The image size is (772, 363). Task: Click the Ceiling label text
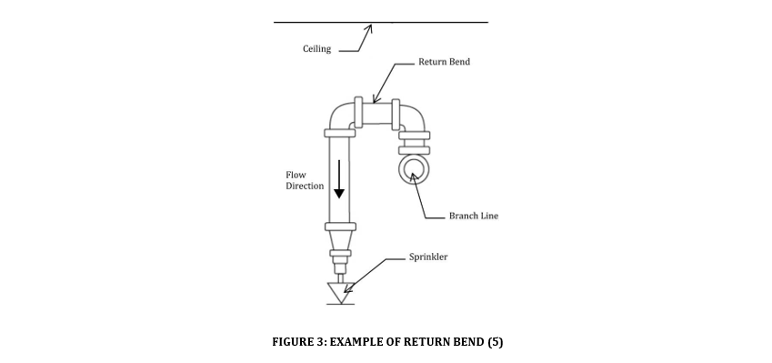pyautogui.click(x=316, y=49)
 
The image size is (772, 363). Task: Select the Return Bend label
pyautogui.click(x=444, y=62)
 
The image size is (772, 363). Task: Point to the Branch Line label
pyautogui.click(x=473, y=216)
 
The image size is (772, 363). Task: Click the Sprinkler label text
pyautogui.click(x=427, y=257)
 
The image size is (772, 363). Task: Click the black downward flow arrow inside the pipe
pyautogui.click(x=339, y=179)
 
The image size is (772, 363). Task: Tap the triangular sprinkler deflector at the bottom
pyautogui.click(x=340, y=294)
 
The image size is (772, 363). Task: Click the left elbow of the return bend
pyautogui.click(x=342, y=117)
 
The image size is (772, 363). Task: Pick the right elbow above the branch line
pyautogui.click(x=412, y=116)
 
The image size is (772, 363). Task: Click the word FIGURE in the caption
pyautogui.click(x=293, y=342)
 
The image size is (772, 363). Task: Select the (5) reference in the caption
pyautogui.click(x=495, y=342)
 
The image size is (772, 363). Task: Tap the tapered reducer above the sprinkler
pyautogui.click(x=339, y=244)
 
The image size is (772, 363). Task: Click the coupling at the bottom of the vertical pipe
pyautogui.click(x=339, y=227)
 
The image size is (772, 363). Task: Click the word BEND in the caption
pyautogui.click(x=468, y=342)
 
